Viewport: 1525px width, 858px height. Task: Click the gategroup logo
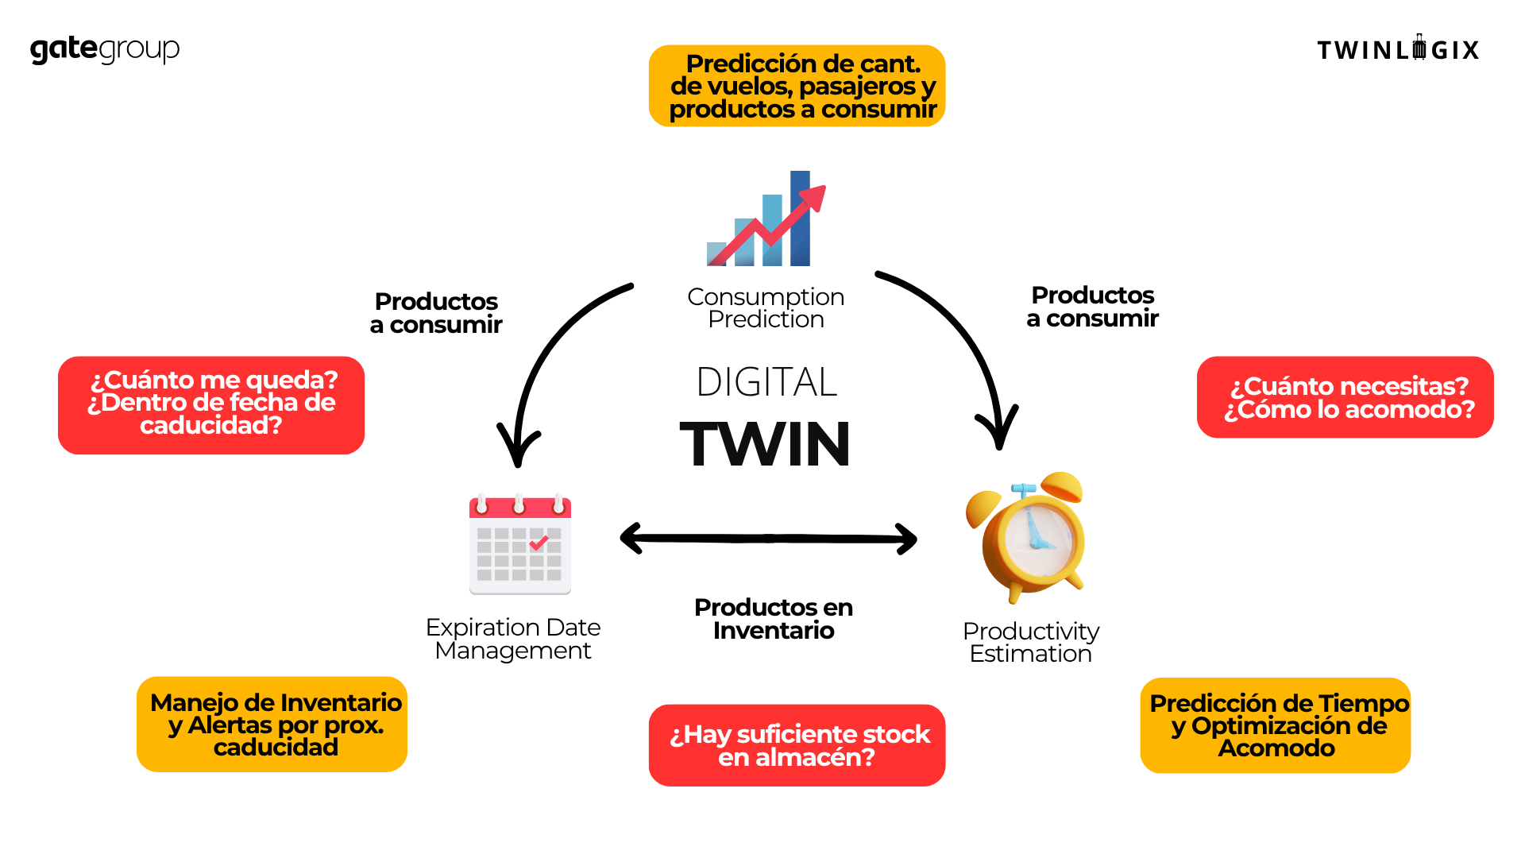tap(105, 49)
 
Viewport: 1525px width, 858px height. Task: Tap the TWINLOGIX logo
tap(1398, 49)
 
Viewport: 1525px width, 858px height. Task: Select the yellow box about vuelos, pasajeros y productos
tap(797, 86)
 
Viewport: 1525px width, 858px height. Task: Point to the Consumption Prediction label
tap(766, 307)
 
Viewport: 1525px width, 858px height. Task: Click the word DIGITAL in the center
tap(766, 382)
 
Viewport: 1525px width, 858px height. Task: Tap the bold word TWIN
tap(766, 444)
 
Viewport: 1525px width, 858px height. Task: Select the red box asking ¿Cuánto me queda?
tap(211, 404)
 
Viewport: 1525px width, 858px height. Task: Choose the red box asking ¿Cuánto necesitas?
tap(1345, 397)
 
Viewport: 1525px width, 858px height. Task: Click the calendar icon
tap(520, 545)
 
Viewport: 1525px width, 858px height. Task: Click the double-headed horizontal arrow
tap(768, 539)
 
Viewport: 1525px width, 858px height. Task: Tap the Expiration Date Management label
tap(513, 639)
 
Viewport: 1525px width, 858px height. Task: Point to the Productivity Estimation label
tap(1031, 642)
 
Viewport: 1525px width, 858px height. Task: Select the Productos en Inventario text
tap(773, 619)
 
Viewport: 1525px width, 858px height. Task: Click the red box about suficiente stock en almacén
tap(797, 745)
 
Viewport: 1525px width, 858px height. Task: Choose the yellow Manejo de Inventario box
tap(272, 725)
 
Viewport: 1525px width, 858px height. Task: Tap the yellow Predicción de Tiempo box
tap(1276, 725)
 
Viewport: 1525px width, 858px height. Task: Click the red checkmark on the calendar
tap(539, 543)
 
